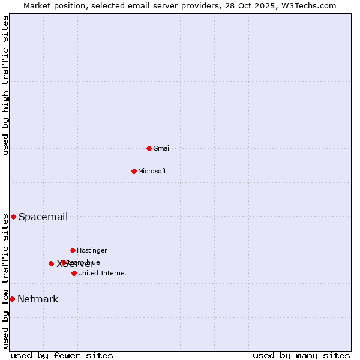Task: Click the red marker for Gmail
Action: tap(149, 148)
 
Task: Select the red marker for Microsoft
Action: tap(134, 171)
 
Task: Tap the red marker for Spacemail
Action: tap(13, 217)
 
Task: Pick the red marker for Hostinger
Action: tap(73, 250)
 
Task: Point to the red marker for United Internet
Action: tap(74, 273)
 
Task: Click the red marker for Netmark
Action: tap(12, 299)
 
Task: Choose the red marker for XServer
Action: tap(51, 263)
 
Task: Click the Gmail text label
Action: tap(162, 149)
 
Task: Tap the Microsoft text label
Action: tap(152, 172)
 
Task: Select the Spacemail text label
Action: tap(43, 217)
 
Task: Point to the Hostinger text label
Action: tap(92, 251)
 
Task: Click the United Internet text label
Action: tap(103, 274)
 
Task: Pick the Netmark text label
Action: tap(38, 299)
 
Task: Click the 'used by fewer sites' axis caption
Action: tap(62, 355)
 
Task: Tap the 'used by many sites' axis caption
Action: tap(301, 355)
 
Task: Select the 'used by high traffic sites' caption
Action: tap(6, 85)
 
